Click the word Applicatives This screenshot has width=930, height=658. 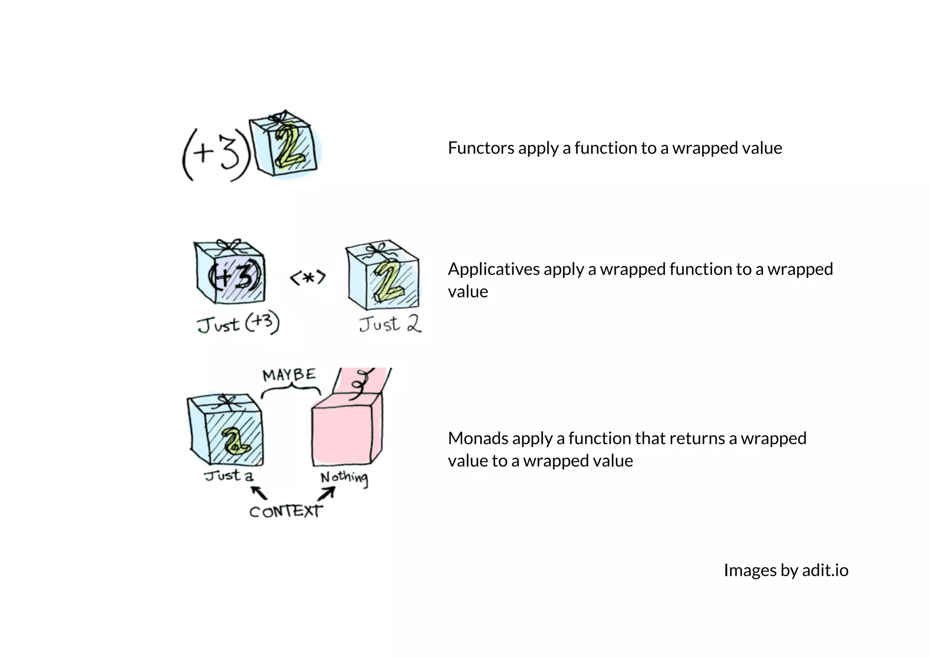click(x=493, y=269)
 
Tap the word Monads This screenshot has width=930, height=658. click(x=478, y=439)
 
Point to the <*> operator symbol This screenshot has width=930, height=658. click(x=308, y=277)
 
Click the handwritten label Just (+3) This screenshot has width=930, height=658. click(x=238, y=323)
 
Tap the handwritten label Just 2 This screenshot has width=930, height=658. click(x=390, y=324)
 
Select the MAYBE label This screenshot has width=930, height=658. click(x=289, y=375)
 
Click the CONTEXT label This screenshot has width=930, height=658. click(x=286, y=512)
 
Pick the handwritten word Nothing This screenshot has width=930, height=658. click(x=344, y=478)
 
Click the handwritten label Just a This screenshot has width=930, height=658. click(x=228, y=476)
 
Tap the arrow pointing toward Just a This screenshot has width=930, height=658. click(x=259, y=493)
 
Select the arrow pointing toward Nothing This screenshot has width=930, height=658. click(x=326, y=493)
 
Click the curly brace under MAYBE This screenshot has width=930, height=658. click(x=291, y=390)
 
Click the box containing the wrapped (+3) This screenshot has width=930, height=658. click(x=230, y=273)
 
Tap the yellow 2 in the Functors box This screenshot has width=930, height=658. click(x=290, y=146)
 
